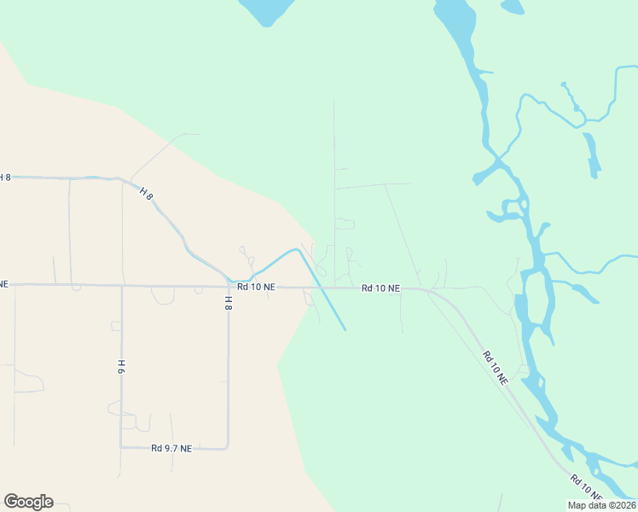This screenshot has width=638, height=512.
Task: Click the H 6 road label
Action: tap(121, 367)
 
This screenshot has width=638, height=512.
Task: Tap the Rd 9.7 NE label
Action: tap(171, 448)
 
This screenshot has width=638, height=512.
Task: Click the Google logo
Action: tap(28, 502)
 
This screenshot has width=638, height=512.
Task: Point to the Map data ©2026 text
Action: tap(601, 505)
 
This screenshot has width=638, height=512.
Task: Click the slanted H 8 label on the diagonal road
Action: tap(147, 195)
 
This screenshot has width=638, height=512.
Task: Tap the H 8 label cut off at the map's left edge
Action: tap(5, 177)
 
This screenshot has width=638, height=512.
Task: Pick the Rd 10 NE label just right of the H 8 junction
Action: tap(256, 288)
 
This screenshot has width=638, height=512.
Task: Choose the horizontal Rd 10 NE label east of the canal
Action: tap(380, 288)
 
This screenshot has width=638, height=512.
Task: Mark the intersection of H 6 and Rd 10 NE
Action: tap(122, 286)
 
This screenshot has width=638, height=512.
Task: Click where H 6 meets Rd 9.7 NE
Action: tap(121, 447)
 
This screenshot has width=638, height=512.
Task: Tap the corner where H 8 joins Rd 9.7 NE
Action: tap(228, 446)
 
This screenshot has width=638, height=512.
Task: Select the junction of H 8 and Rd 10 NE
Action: tap(228, 285)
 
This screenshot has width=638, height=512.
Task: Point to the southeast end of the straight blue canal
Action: tap(345, 329)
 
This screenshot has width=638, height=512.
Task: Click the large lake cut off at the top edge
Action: tap(266, 10)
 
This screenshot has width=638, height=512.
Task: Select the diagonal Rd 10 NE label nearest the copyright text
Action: tap(587, 487)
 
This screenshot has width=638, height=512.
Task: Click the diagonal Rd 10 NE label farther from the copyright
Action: tap(495, 367)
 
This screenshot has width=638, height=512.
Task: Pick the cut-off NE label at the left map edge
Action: tap(3, 282)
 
